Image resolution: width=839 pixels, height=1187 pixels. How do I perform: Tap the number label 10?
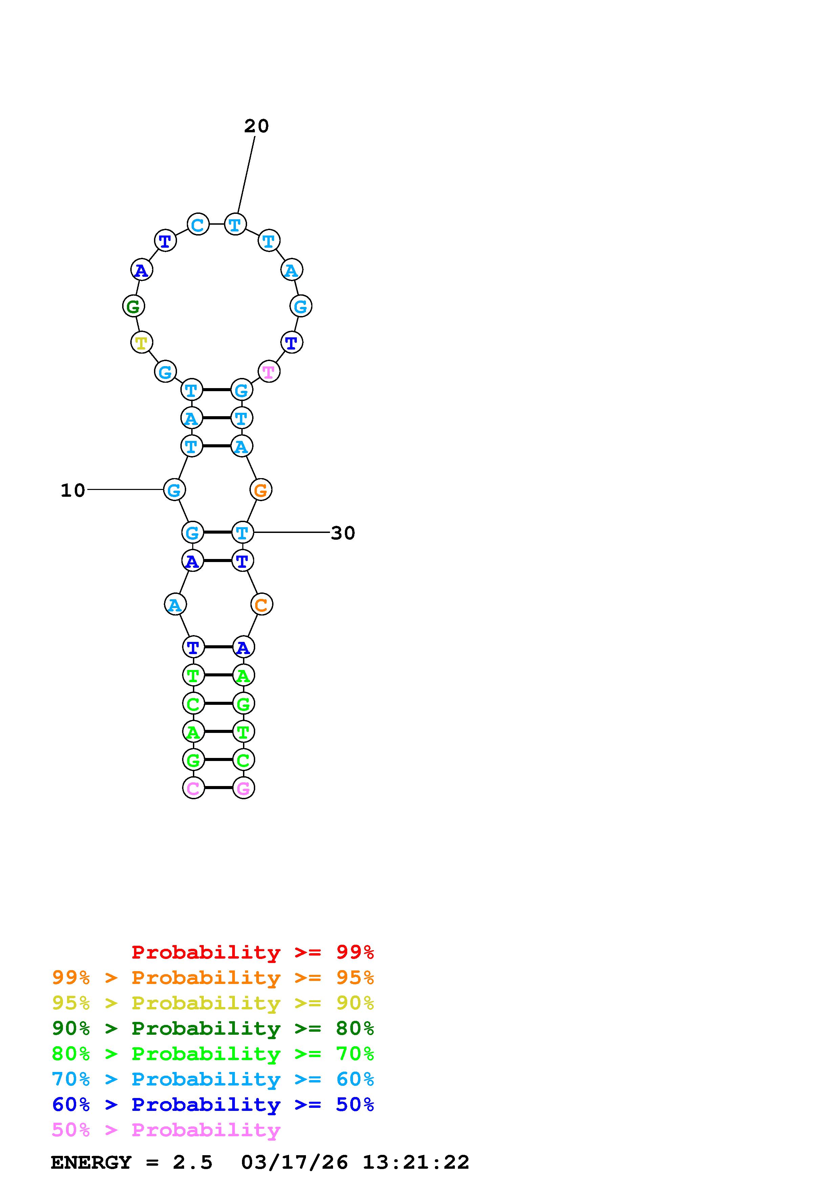73,490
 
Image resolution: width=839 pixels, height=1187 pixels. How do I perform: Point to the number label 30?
343,533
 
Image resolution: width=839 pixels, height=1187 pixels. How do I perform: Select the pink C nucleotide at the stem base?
193,788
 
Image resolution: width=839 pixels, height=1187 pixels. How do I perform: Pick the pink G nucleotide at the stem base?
243,788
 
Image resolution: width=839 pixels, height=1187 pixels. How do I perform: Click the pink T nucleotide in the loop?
268,371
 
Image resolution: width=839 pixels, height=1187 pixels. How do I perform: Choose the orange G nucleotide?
261,490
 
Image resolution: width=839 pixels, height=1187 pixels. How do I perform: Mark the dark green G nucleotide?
133,306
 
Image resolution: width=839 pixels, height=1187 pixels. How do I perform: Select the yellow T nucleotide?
141,342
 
